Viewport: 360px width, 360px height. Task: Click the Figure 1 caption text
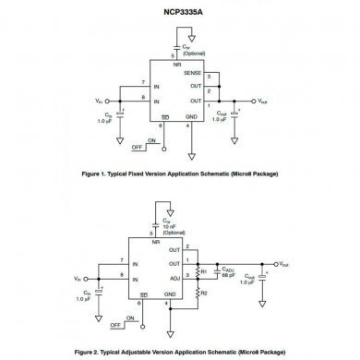[x=180, y=172]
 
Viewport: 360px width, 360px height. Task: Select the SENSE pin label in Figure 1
[x=192, y=71]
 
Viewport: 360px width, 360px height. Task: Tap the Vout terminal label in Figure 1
[x=261, y=100]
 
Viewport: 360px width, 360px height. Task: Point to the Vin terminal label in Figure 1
[x=100, y=100]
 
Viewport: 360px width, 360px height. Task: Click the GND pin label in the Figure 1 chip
[x=191, y=117]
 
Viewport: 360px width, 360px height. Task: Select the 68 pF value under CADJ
[x=227, y=275]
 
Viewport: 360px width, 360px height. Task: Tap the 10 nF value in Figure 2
[x=170, y=228]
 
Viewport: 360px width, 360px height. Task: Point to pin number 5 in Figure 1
[x=173, y=56]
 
